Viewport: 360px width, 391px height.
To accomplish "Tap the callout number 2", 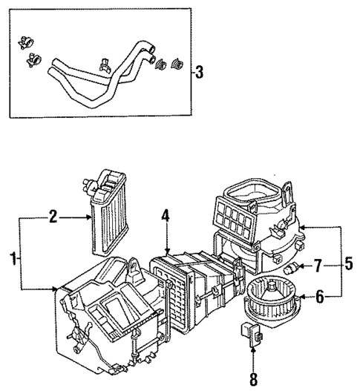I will coord(53,217).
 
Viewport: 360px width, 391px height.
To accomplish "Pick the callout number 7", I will coord(317,265).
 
